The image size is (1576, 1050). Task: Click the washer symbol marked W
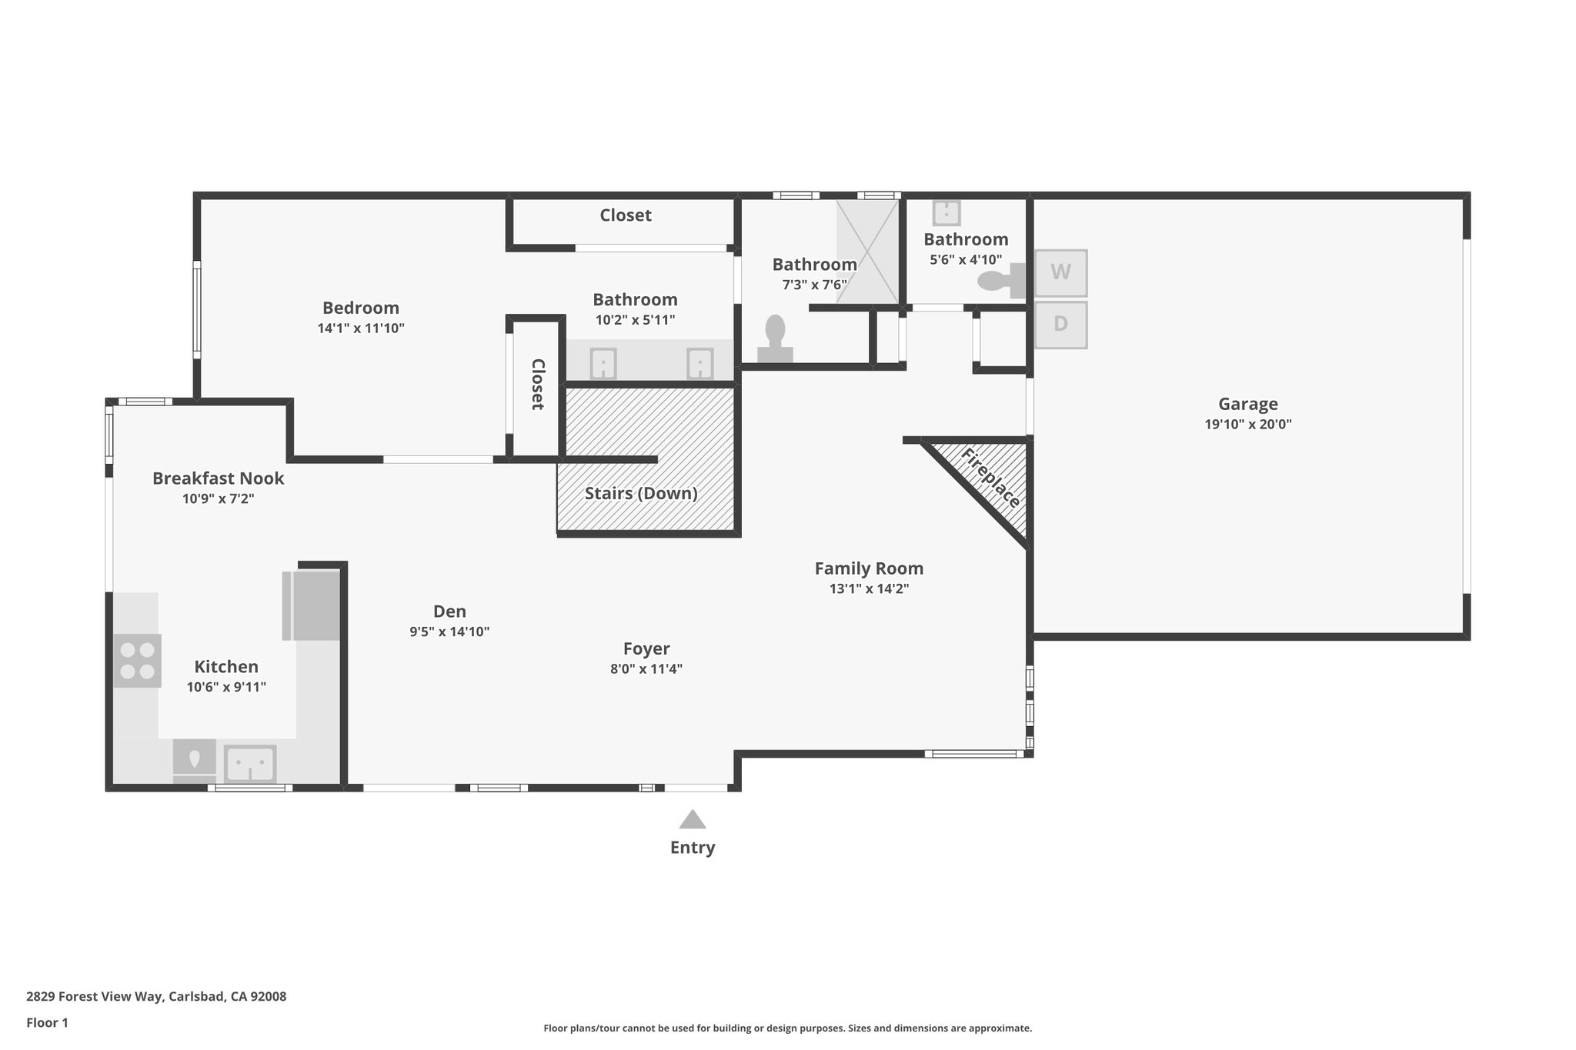click(x=1060, y=272)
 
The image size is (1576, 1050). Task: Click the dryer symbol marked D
click(x=1060, y=325)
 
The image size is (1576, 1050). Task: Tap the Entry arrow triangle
click(x=693, y=819)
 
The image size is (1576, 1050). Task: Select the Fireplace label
click(x=991, y=478)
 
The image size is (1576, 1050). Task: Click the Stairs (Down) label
click(x=641, y=493)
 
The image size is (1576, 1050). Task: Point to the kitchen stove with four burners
click(x=138, y=661)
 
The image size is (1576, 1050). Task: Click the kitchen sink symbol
click(x=250, y=763)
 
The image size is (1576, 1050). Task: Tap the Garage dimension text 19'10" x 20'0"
click(x=1247, y=424)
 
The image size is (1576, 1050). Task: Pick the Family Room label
click(x=869, y=568)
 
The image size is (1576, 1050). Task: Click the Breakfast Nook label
click(x=218, y=478)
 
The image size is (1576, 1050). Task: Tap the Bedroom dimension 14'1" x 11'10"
click(x=361, y=328)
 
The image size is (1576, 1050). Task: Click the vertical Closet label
click(x=537, y=384)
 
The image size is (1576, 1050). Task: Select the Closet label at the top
click(x=626, y=215)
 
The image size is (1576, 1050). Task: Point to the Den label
click(x=449, y=612)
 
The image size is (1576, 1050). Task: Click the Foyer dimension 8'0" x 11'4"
click(x=646, y=669)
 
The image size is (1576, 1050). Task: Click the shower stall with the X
click(x=867, y=252)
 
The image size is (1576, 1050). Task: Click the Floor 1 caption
click(x=47, y=1023)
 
